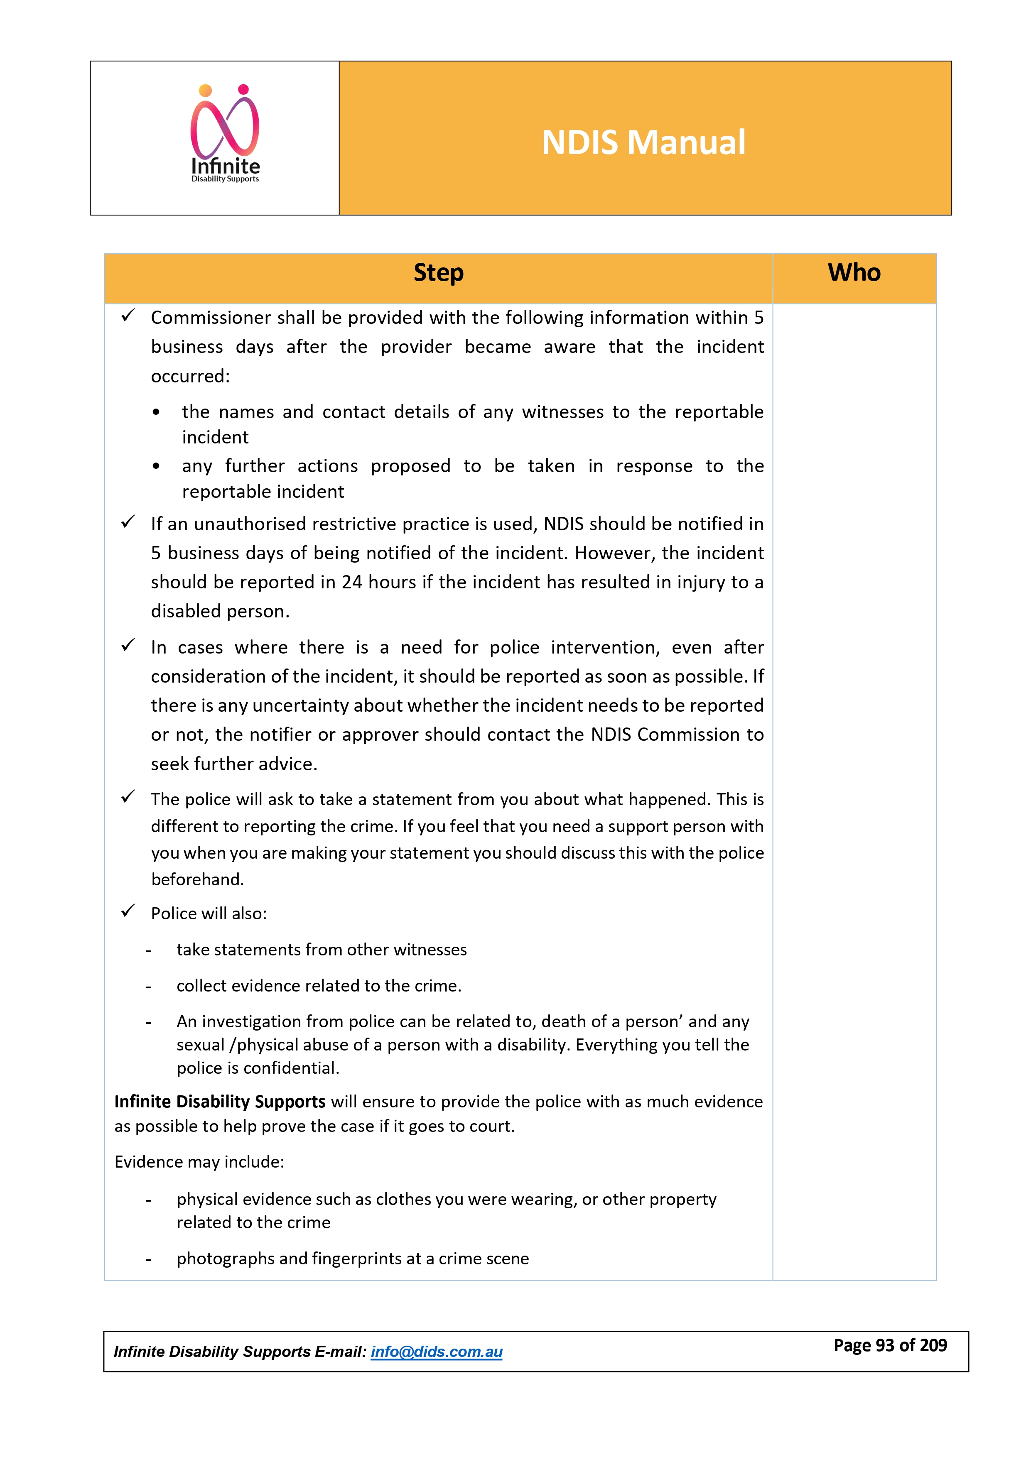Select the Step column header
(x=438, y=273)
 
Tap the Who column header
(x=854, y=273)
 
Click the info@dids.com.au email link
(x=436, y=1352)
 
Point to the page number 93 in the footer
(x=884, y=1345)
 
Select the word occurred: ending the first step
(x=190, y=376)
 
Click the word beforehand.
(x=197, y=879)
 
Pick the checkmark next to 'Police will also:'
(x=128, y=911)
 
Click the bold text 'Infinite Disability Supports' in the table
(x=220, y=1102)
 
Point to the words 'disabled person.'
(x=220, y=611)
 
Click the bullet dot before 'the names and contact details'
(x=156, y=412)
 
